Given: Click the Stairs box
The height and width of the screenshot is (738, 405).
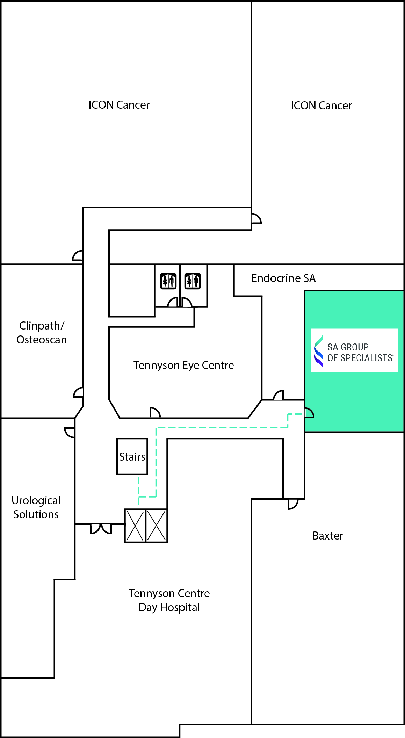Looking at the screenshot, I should coord(132,456).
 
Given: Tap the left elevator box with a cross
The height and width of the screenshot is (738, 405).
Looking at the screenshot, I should coord(135,526).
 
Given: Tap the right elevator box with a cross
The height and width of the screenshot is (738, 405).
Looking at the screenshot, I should coord(157,526).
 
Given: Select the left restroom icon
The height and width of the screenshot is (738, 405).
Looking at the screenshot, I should coord(168,281).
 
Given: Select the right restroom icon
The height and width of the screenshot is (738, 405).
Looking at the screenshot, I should coord(193,281).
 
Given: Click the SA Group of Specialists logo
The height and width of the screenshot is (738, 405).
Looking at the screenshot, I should coord(354,350).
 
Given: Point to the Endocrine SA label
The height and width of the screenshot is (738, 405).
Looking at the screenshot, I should coord(283,278).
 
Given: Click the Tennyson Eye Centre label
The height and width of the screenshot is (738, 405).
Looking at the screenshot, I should coord(183,365).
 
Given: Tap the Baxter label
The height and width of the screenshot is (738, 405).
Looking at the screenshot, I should coord(327,536).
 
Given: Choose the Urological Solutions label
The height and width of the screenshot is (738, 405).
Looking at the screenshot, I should coord(36,507).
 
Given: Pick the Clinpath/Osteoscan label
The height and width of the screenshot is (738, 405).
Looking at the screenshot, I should coord(42,333).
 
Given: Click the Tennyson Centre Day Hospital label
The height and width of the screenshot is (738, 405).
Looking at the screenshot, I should coord(169,600).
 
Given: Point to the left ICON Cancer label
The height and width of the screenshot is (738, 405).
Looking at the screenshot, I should coord(119,105).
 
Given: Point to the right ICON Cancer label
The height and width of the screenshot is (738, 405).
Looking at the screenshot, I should coord(321,106).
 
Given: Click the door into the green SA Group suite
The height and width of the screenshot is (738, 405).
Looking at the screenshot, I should coord(309,413).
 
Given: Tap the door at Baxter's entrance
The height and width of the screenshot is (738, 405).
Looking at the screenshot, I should coord(293,504).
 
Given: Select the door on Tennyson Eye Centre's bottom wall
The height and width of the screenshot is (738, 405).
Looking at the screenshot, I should coord(155,413).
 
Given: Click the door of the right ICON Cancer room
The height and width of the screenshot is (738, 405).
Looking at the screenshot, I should coord(256,218).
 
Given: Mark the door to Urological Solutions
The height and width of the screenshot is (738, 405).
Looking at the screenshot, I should coord(70,432).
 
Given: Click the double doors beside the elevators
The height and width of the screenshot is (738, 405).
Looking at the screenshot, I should coord(101,529).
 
